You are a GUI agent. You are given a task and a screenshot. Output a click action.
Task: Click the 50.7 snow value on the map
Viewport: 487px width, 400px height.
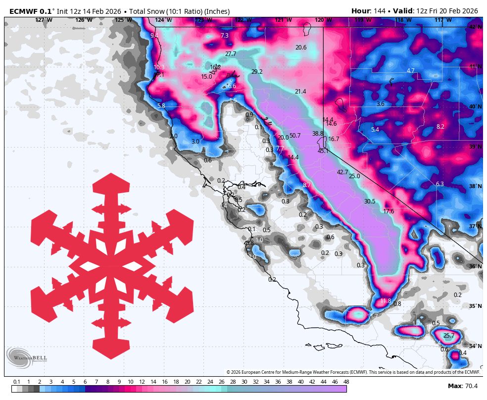point(295,136)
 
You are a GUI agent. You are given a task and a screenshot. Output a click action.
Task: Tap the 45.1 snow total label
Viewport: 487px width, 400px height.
point(323,151)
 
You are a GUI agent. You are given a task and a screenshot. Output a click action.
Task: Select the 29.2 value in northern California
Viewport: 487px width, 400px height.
point(257,72)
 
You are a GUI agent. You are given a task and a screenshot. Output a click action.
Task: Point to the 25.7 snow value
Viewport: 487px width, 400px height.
point(448,336)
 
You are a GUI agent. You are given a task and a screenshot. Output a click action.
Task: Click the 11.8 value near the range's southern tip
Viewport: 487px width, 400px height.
point(386,301)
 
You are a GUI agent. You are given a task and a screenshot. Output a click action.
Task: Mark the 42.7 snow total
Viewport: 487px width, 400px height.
point(342,172)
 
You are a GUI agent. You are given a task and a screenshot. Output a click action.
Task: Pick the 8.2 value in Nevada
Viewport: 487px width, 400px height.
point(440,127)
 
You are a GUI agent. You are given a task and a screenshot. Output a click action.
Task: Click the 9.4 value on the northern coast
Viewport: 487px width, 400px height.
point(154,36)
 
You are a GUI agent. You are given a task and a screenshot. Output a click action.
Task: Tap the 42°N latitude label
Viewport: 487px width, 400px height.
point(475,27)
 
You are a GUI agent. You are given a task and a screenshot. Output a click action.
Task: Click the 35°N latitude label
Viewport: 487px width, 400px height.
point(475,306)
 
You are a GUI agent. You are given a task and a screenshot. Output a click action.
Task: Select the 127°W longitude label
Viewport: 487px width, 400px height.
point(43,20)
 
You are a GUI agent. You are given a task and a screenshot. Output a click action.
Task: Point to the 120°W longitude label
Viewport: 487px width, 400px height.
point(323,20)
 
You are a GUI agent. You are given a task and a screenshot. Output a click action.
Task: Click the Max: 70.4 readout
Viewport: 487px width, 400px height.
point(462,386)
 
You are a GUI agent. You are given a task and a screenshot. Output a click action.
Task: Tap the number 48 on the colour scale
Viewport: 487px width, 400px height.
point(346,382)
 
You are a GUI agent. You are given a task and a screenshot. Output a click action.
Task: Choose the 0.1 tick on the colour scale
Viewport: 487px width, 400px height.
point(16,382)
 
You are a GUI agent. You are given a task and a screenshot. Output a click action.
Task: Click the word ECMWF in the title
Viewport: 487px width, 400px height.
point(23,11)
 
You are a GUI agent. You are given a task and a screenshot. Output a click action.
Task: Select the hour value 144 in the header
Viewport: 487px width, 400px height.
point(380,11)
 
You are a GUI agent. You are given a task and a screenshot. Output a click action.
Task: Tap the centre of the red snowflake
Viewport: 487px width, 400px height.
point(112,266)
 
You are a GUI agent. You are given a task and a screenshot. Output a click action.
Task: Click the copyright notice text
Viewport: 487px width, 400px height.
point(353,372)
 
